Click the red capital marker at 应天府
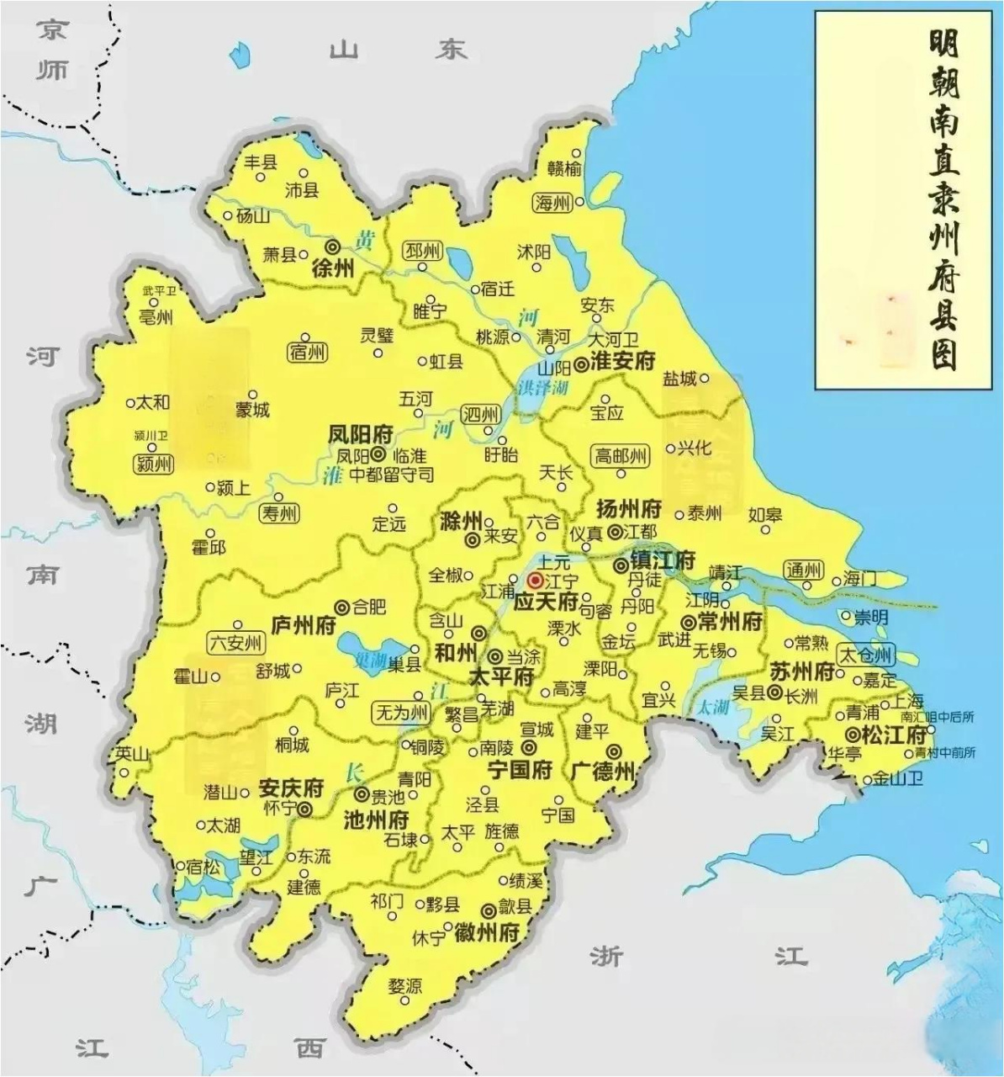(535, 581)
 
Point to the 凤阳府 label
(361, 434)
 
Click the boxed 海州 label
(552, 203)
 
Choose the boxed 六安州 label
(235, 644)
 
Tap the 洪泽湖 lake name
(542, 388)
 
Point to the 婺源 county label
(405, 985)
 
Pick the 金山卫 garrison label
(898, 778)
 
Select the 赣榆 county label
(564, 169)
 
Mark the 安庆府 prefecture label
(291, 788)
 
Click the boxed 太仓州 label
(867, 655)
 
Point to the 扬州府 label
(628, 509)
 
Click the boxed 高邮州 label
(621, 456)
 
